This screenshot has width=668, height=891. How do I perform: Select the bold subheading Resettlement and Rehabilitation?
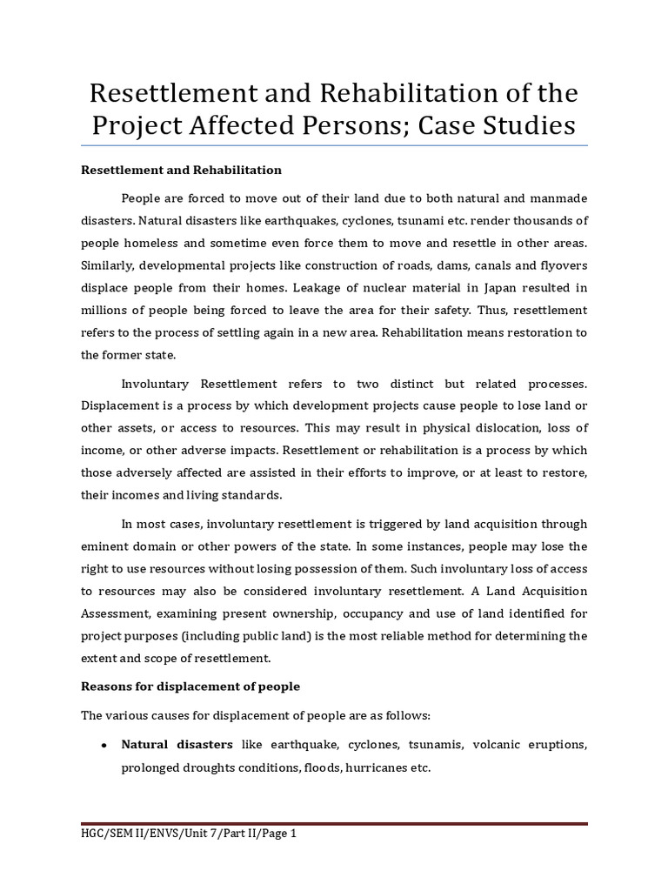pos(181,170)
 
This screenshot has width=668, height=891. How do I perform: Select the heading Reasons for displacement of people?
pos(190,687)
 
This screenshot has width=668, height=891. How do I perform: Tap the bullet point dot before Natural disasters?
pos(104,747)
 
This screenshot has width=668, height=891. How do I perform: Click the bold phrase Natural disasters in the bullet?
pos(177,745)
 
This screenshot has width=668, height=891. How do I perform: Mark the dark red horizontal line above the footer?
pos(334,822)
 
